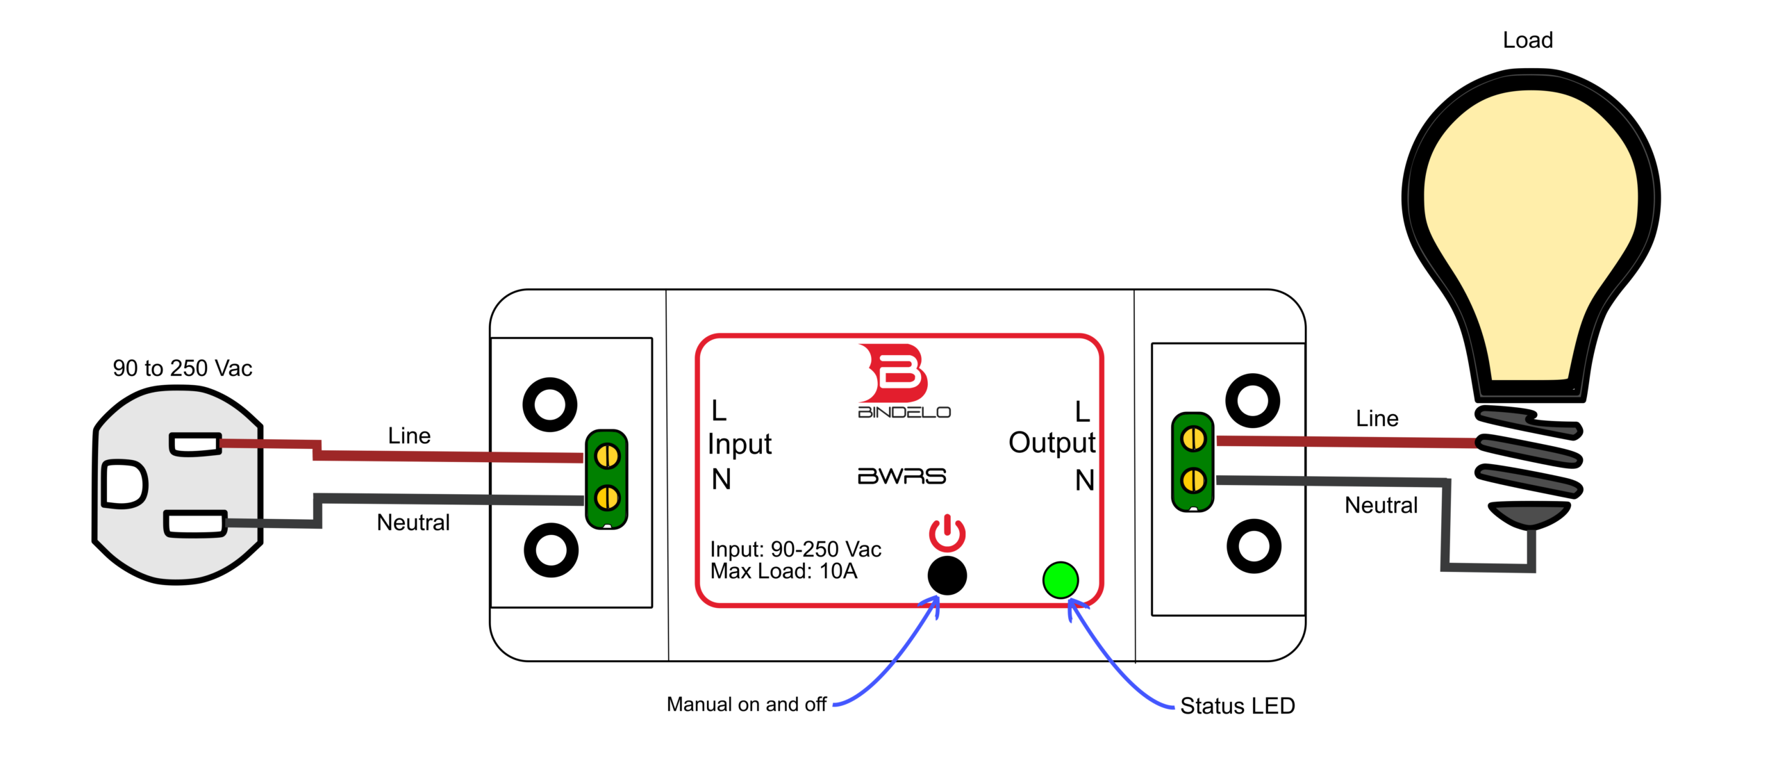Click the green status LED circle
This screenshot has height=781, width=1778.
(1061, 580)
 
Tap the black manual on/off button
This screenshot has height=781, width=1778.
(947, 575)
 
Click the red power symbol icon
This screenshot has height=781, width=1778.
(947, 534)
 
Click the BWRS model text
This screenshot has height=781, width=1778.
(902, 476)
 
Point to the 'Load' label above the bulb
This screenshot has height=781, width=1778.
(1527, 40)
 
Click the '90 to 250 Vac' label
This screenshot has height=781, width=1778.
(182, 368)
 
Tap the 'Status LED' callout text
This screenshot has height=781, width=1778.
(1237, 706)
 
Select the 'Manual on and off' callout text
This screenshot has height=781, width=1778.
(746, 705)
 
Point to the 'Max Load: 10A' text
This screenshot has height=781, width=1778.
(783, 571)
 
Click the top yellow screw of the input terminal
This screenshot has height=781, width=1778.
(607, 457)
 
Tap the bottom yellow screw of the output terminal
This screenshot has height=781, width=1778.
(1193, 480)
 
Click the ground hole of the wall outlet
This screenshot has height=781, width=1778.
(124, 484)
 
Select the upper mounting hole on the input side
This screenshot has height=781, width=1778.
(549, 404)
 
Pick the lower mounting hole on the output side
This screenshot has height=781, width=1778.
(1254, 546)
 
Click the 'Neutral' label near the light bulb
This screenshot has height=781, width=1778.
(1381, 505)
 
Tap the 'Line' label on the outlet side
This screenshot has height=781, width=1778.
(409, 436)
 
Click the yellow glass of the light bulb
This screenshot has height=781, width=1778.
(1530, 208)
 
